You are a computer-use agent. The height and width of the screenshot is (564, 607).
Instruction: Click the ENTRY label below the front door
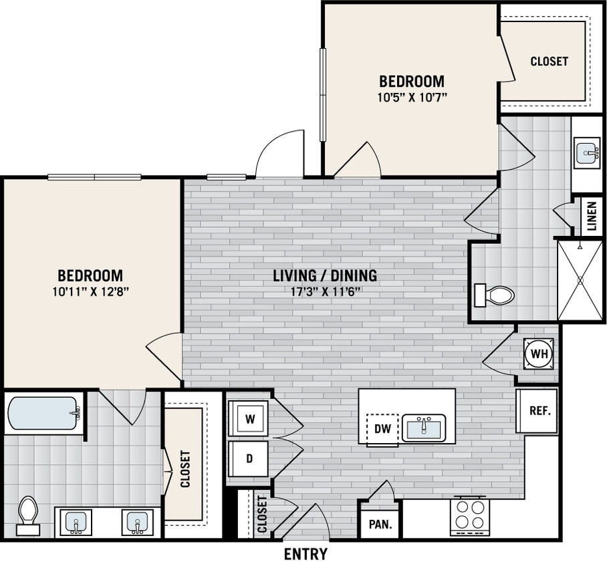click(306, 554)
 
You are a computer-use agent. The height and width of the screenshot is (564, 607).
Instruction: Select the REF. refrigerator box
click(539, 411)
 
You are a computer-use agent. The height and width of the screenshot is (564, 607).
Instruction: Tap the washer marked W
click(249, 419)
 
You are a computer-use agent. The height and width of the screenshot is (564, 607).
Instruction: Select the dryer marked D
click(249, 459)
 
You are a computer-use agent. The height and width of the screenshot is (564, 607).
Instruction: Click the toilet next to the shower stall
click(494, 295)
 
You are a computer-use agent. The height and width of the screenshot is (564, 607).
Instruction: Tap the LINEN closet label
click(591, 216)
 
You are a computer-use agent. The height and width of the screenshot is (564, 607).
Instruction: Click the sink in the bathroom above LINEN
click(588, 153)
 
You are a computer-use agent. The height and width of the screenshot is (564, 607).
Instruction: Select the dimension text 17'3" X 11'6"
click(325, 291)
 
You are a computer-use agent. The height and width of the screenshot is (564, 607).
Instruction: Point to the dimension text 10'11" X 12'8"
click(90, 291)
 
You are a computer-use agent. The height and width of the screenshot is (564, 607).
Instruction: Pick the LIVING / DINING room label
click(325, 275)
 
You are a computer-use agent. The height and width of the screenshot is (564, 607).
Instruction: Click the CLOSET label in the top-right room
click(549, 61)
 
